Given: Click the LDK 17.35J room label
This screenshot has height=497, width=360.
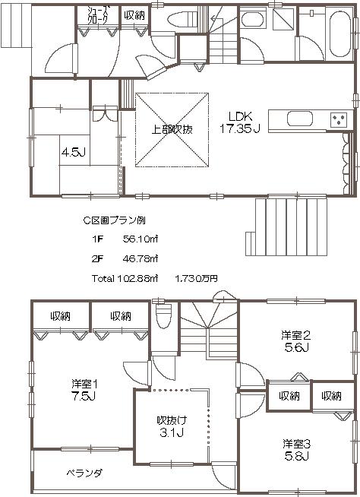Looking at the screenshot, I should click(239, 122).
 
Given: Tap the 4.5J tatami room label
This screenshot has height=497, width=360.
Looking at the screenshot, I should click(72, 151).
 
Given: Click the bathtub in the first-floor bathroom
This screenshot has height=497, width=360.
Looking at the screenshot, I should click(333, 30).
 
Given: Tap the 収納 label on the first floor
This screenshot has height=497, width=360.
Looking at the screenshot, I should click(134, 15).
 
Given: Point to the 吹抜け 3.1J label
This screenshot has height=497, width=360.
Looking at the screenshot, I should click(172, 426).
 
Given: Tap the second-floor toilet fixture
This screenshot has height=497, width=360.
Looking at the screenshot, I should click(161, 312).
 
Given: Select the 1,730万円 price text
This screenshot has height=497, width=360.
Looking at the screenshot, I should click(196, 279).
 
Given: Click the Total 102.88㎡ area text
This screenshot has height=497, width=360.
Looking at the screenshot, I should click(125, 279).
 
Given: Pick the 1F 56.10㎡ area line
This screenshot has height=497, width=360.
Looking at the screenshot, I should click(125, 239).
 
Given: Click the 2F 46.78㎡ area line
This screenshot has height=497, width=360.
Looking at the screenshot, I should click(125, 258).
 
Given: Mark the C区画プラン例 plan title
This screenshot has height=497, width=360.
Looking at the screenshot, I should click(113, 220).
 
